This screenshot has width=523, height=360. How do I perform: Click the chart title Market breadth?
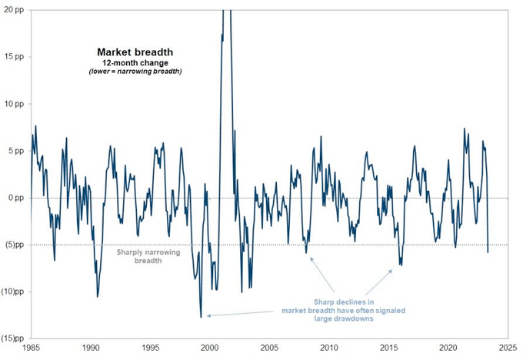point(128,52)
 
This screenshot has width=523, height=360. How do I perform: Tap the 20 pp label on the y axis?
point(15,10)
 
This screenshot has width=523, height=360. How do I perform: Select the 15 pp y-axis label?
point(15,57)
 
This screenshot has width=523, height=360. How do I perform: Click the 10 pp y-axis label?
point(15,104)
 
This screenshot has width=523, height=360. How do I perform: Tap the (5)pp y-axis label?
point(15,245)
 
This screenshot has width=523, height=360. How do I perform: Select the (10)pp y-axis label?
point(13,292)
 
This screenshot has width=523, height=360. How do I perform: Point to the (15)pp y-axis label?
point(13,338)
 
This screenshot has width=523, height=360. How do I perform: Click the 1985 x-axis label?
point(31,348)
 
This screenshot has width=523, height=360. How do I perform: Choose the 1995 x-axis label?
point(151,348)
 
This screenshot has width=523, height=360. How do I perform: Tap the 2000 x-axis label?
point(211,348)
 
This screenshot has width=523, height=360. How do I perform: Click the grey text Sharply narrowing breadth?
point(139,256)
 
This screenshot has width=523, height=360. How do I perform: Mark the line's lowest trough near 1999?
point(201,316)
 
